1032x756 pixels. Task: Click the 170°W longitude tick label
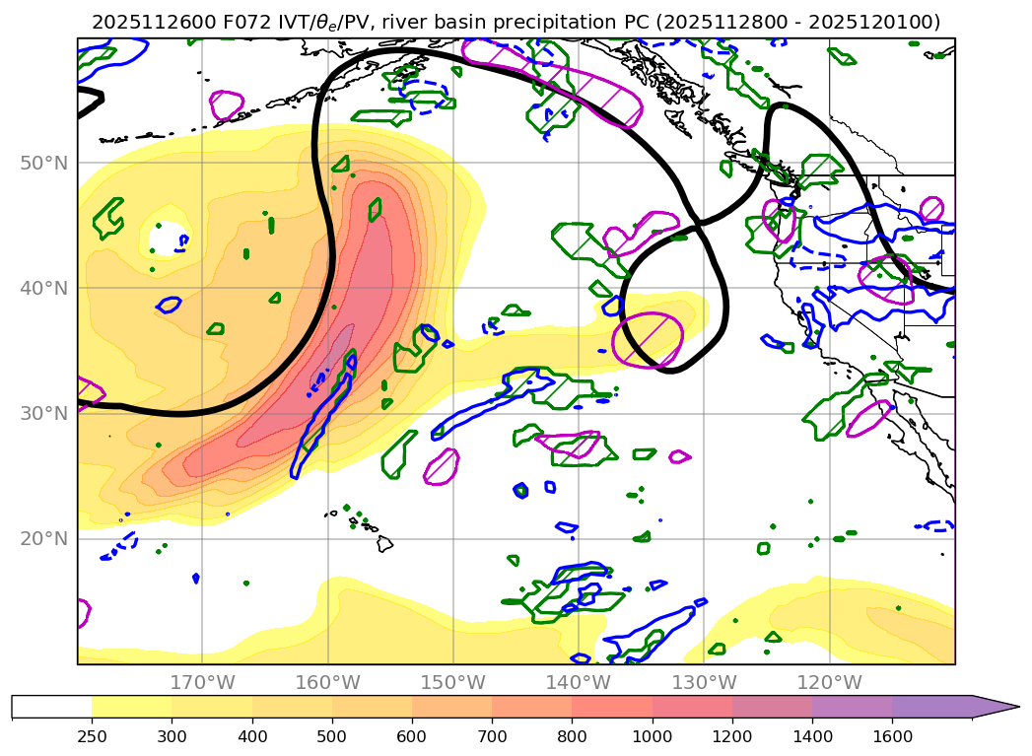202,683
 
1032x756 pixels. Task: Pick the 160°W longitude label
327,683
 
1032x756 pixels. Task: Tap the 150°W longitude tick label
453,683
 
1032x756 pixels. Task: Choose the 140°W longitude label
579,683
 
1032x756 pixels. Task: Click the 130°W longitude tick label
704,683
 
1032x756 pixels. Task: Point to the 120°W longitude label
830,683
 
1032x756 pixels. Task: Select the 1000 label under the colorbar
653,735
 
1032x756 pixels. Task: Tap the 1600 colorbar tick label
892,735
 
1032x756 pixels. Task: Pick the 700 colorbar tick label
492,735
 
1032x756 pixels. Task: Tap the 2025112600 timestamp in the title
141,22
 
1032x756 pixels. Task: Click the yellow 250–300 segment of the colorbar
131,707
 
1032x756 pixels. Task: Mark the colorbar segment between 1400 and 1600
852,707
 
